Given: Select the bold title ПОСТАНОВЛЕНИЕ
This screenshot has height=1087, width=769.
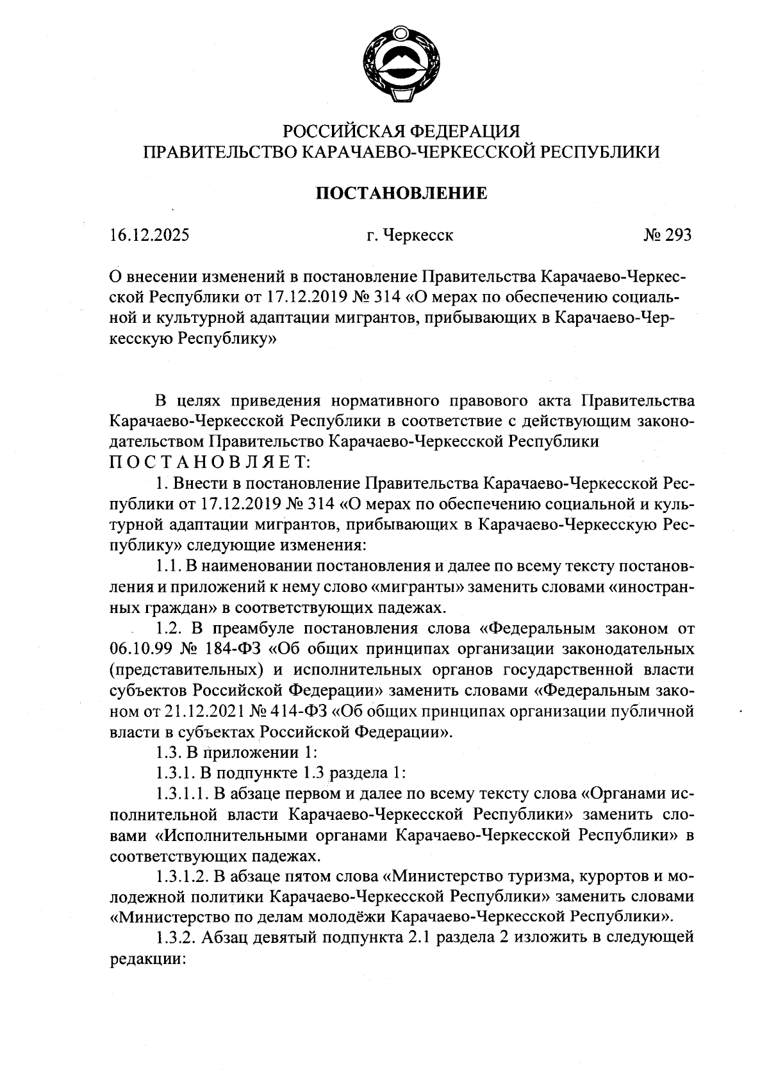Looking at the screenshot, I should (x=401, y=193).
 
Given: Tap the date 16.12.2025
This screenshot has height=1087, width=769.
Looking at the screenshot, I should (x=149, y=236).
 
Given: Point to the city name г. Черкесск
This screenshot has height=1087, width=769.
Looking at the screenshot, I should (x=410, y=236).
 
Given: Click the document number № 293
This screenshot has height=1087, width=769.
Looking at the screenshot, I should (x=667, y=236).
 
